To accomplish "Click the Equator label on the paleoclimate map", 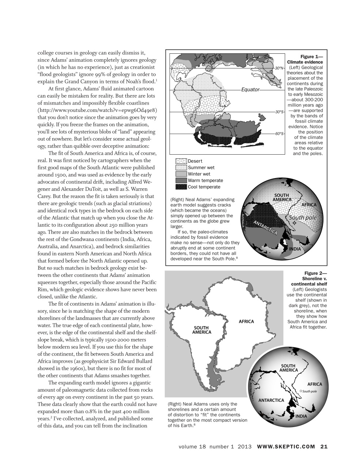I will coord(250,90).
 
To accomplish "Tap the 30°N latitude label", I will coord(280,68).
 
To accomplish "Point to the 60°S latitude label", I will coord(280,134).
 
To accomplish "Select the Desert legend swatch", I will coord(181,161).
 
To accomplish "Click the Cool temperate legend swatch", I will coord(181,187).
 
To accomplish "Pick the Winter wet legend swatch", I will coord(181,174).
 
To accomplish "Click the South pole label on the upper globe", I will coord(303,218).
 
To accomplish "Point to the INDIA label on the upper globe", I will coord(295,249).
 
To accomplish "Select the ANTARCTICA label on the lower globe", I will coord(271,400).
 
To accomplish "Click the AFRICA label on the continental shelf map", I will coord(246,322).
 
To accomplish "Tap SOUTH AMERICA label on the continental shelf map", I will coord(201,330).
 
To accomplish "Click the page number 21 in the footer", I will coord(324,446).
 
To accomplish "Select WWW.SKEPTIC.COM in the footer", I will coord(286,446).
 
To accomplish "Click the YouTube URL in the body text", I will coord(97,110).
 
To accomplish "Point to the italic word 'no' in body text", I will coord(50,268).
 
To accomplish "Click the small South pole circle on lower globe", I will coord(300,391).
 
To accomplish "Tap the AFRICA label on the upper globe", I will coord(309,205).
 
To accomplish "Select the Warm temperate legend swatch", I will coord(181,181).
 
